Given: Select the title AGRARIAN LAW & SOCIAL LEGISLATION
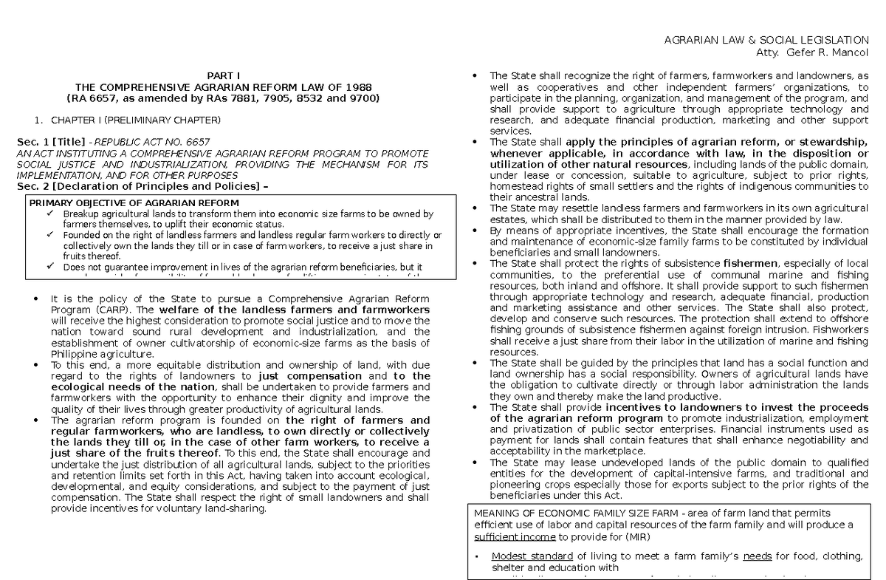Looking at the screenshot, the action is point(767,40).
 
